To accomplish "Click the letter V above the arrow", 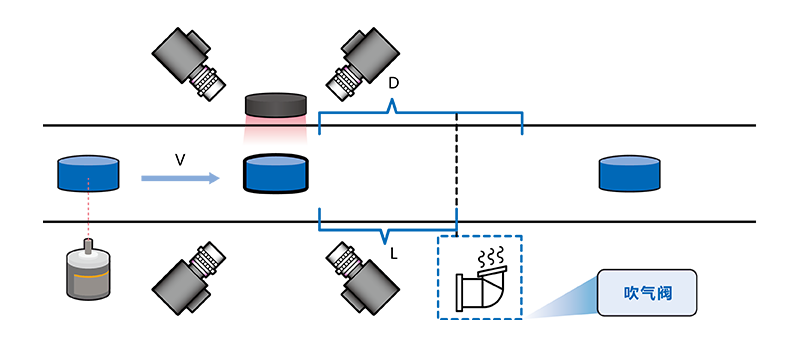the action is point(180,161).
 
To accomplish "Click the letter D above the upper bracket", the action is point(393,83).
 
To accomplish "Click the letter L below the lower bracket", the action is point(394,253).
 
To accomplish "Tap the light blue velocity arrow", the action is point(181,178).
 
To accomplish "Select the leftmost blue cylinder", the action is point(88,173).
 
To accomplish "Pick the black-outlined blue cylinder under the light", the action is point(276,173).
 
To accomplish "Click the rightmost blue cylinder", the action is point(629,173).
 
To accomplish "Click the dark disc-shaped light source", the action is point(276,105).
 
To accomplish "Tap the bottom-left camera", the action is point(189,278).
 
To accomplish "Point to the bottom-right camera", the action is point(362,278).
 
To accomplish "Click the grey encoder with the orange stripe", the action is point(89,273).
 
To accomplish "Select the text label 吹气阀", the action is point(647,293).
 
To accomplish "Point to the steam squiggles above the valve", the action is point(491,256).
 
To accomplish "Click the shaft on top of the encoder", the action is point(89,244).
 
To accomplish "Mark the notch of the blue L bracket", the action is point(386,241).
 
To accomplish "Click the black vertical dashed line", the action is point(457,175).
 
